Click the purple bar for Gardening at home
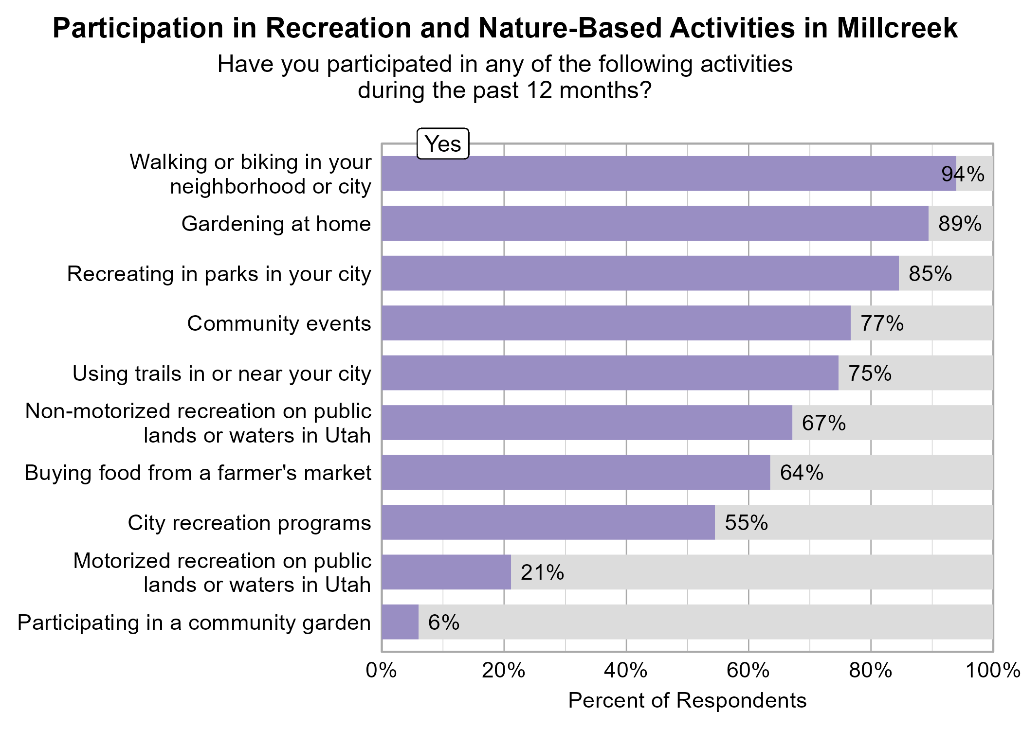(655, 223)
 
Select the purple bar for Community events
(616, 323)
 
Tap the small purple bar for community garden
(400, 622)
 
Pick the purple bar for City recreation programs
(548, 522)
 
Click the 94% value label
(963, 174)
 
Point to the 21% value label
(542, 572)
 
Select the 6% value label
(443, 622)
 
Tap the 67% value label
(823, 423)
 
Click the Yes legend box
(442, 144)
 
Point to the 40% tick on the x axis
(625, 671)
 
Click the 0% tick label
(381, 671)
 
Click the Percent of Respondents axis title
(687, 701)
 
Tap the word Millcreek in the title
(897, 28)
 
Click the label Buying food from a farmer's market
(198, 473)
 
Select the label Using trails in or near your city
(221, 373)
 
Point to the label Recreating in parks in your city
(219, 274)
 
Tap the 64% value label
(801, 473)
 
